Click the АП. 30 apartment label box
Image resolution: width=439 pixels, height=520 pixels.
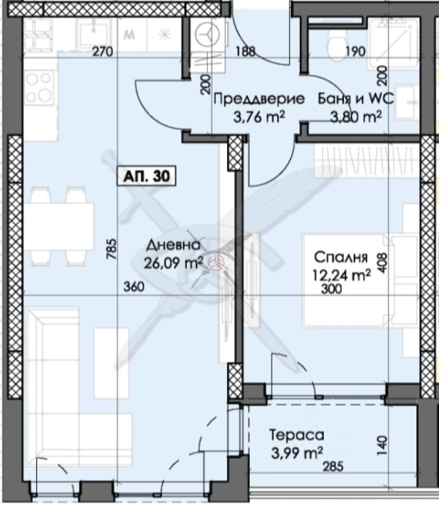click(147, 176)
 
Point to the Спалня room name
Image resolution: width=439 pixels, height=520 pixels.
click(341, 258)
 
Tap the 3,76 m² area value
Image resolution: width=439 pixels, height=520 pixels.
click(259, 117)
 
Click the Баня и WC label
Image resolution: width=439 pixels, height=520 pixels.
click(355, 99)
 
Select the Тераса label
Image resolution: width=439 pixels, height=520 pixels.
click(296, 435)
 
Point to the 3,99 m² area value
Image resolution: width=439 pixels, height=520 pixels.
click(297, 453)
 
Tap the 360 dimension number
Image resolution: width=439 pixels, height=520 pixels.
click(134, 287)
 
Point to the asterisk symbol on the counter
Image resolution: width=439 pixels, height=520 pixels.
click(164, 35)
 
